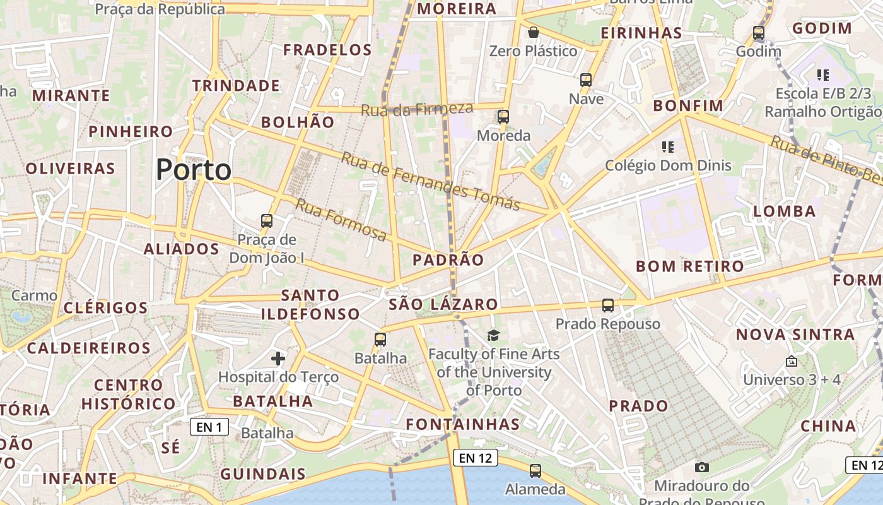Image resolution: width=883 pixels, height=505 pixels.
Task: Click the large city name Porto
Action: (194, 169)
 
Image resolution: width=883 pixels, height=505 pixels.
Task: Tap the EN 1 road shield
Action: (209, 427)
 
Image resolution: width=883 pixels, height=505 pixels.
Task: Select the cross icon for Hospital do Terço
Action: (278, 359)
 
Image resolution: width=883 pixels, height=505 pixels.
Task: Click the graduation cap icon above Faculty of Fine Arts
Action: (493, 335)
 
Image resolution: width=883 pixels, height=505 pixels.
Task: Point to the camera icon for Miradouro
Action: (701, 467)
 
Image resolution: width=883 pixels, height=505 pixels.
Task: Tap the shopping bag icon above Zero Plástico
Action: (534, 32)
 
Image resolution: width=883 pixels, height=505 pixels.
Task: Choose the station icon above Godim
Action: (759, 32)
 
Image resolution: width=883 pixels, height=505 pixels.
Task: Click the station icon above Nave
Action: (586, 80)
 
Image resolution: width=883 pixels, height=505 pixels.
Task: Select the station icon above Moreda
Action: (503, 117)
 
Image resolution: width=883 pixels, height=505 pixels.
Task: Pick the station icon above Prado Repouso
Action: (608, 306)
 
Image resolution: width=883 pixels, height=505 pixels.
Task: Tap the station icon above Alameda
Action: (535, 470)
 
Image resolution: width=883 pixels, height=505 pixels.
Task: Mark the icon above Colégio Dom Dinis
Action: (668, 147)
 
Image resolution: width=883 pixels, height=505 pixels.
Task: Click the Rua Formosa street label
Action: (341, 220)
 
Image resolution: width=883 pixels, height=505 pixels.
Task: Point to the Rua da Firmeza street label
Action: (417, 109)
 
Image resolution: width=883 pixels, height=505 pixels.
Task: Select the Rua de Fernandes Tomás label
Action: (431, 181)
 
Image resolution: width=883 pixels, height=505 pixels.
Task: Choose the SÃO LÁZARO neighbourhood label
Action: (443, 304)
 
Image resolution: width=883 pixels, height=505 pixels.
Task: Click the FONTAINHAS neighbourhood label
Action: (463, 424)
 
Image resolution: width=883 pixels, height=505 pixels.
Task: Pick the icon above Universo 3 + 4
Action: (791, 362)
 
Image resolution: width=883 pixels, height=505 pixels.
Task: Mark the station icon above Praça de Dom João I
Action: (267, 221)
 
